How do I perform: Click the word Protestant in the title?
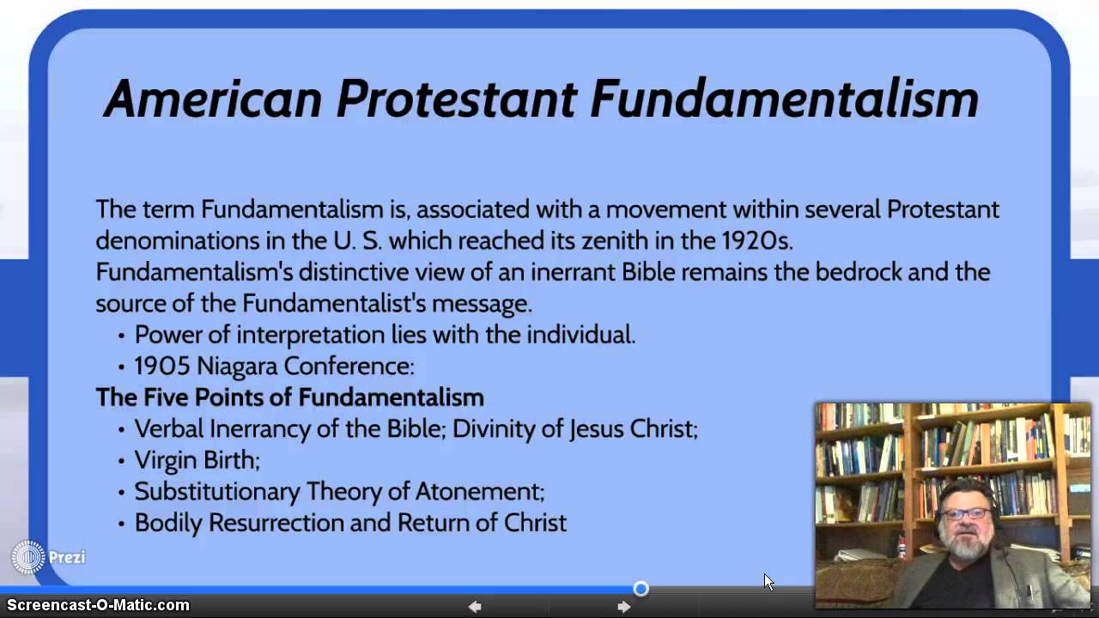(x=456, y=99)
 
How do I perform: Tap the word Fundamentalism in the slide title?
(x=784, y=99)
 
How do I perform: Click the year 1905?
(x=162, y=367)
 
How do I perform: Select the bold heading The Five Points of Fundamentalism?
(x=289, y=397)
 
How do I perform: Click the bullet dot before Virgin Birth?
(x=121, y=461)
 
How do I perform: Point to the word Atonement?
(x=479, y=492)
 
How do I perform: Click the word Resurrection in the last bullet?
(x=290, y=523)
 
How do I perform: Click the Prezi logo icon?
(x=27, y=558)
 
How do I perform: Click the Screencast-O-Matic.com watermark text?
(x=98, y=605)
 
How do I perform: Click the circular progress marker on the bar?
(x=641, y=589)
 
